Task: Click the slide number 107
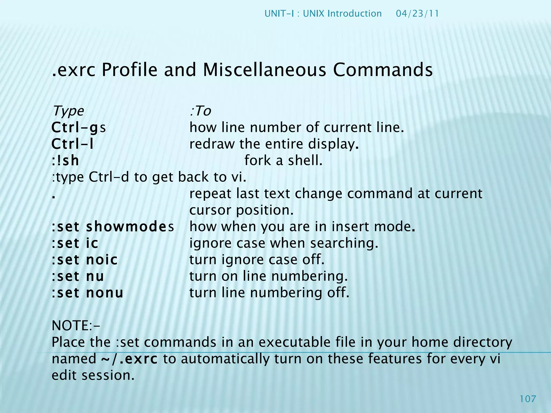pyautogui.click(x=528, y=399)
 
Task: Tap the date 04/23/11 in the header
pyautogui.click(x=417, y=13)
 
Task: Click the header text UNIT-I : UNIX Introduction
pyautogui.click(x=323, y=13)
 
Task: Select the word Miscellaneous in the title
pyautogui.click(x=264, y=70)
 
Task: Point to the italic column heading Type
pyautogui.click(x=68, y=111)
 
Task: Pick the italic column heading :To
pyautogui.click(x=200, y=111)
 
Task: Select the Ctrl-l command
pyautogui.click(x=72, y=144)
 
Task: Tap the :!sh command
pyautogui.click(x=65, y=161)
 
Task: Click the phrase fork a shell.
pyautogui.click(x=283, y=161)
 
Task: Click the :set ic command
pyautogui.click(x=75, y=243)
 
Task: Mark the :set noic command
pyautogui.click(x=84, y=260)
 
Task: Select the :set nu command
pyautogui.click(x=77, y=276)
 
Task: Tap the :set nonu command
pyautogui.click(x=87, y=293)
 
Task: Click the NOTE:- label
pyautogui.click(x=76, y=326)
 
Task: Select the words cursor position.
pyautogui.click(x=241, y=210)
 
